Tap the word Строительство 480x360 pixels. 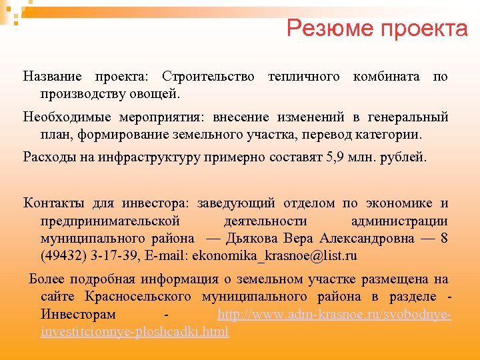click(x=208, y=77)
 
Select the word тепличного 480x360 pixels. click(x=303, y=77)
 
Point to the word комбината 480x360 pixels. click(x=386, y=77)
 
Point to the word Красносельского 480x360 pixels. click(x=138, y=296)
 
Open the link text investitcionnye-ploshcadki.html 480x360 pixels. click(x=135, y=331)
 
